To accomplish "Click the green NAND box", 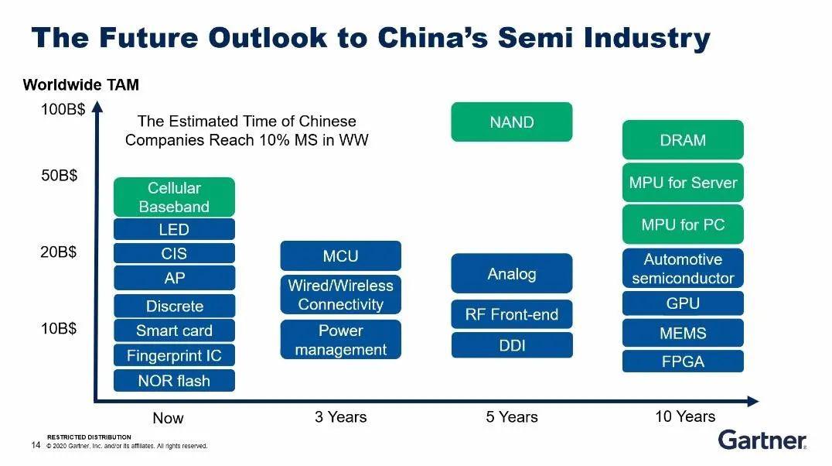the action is [x=512, y=122].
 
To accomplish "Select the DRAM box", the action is [x=683, y=140].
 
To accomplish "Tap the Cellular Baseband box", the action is [x=174, y=197].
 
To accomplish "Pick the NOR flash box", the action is [x=174, y=380].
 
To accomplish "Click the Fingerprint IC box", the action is [x=174, y=355].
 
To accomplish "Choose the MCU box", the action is [x=341, y=255].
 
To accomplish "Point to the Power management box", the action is [x=341, y=340].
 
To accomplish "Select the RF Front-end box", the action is [x=512, y=314].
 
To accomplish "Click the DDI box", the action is [x=512, y=345].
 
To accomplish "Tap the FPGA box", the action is [x=683, y=361].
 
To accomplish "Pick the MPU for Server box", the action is [x=683, y=183].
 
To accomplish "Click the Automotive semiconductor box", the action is [x=683, y=269].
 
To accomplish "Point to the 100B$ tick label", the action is [x=63, y=109].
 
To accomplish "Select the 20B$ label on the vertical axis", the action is [x=59, y=252].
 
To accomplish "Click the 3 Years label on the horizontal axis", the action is [x=341, y=416].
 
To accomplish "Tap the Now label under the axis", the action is [x=168, y=418].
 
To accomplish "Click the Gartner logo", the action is [x=762, y=440].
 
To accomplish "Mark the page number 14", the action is [x=36, y=445].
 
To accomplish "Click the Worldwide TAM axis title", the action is [x=81, y=84].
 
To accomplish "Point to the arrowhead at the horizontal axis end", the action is [x=753, y=401].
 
